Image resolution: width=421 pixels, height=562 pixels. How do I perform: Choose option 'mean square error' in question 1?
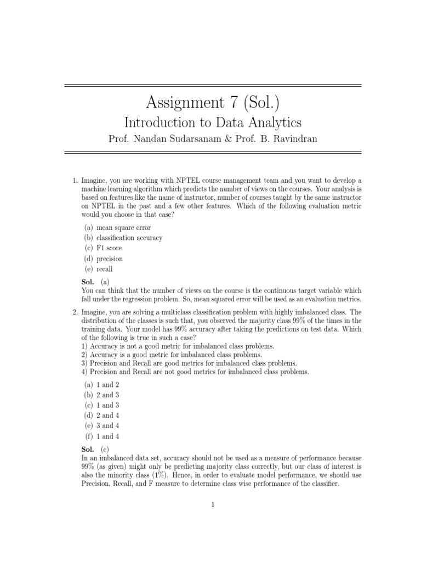tap(123, 227)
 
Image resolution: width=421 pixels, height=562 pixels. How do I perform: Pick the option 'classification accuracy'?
tap(129, 238)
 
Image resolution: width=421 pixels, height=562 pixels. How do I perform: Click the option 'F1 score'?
tap(109, 248)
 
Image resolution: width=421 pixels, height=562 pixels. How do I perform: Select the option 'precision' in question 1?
tap(110, 258)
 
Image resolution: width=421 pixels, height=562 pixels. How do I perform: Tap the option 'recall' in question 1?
tap(105, 269)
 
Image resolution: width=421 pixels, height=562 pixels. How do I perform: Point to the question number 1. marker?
tap(75, 181)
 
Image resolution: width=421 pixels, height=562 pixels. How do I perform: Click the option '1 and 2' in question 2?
tap(107, 385)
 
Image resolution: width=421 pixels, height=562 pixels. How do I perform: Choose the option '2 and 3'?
tap(107, 395)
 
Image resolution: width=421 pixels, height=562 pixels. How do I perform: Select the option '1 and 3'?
tap(107, 405)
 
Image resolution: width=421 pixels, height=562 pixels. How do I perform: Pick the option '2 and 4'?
tap(107, 415)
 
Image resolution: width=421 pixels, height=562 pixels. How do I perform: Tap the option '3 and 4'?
tap(107, 426)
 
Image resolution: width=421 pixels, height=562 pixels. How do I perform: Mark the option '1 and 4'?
tap(107, 436)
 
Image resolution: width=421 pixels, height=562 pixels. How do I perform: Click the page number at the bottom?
tap(211, 506)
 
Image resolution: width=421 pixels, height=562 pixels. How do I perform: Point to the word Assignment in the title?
tap(184, 103)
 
